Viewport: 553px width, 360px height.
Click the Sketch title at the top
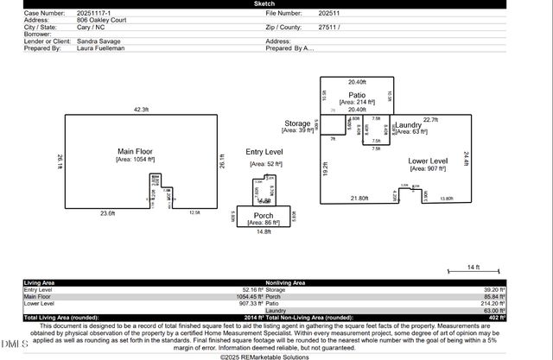coord(276,4)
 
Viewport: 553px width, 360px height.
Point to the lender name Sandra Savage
coord(99,41)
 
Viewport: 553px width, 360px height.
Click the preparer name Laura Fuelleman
coord(101,48)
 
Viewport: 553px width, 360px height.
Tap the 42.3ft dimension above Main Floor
coord(141,110)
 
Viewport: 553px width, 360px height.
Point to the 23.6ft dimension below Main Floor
coord(107,212)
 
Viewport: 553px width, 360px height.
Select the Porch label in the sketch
coord(265,215)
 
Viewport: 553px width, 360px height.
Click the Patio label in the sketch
coord(357,95)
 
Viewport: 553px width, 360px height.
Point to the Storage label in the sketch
coord(297,123)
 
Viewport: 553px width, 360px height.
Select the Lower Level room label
coord(428,161)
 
